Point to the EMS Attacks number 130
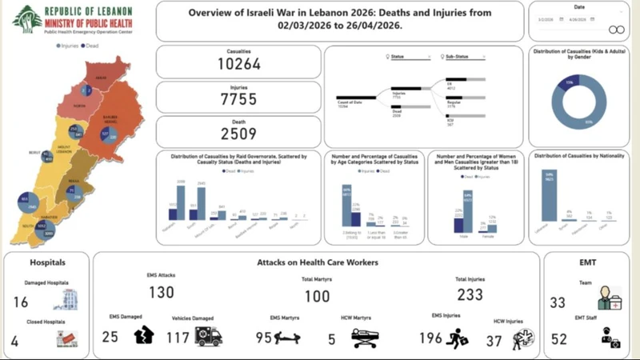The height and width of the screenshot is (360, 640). point(161,293)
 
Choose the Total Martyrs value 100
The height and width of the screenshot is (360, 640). point(316,297)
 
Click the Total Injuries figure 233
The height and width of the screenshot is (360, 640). point(470,294)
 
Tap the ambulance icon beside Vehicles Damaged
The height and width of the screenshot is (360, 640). point(208,336)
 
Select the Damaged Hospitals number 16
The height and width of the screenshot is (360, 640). point(21,302)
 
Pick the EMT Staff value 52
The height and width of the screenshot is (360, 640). point(559,339)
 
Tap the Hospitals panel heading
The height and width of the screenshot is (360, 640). point(47,262)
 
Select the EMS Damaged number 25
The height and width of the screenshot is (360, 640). point(110,337)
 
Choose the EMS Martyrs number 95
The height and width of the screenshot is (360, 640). point(262,338)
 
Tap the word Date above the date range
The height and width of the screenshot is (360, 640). point(578,7)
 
